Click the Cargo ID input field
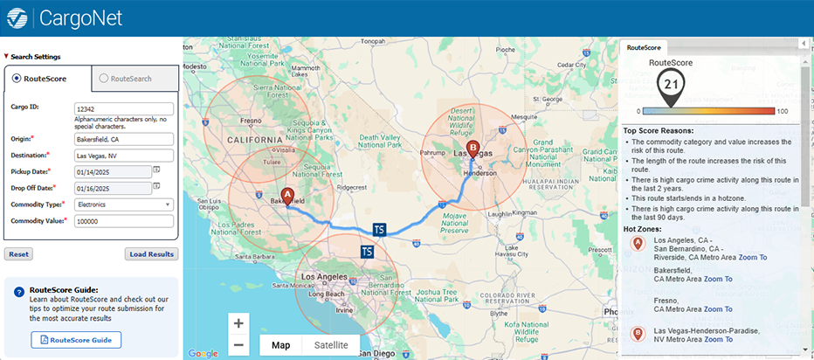pos(123,109)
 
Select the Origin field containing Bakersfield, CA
pos(123,139)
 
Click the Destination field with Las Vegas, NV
pos(123,156)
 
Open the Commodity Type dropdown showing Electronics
pos(123,204)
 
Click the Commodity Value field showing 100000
pos(123,222)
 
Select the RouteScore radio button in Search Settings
pos(17,79)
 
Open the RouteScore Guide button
pos(76,340)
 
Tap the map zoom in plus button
pos(238,322)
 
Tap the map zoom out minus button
pos(238,345)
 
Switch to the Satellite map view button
pos(330,345)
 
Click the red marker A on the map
pos(287,197)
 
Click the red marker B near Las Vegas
pos(473,149)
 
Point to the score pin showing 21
pos(671,85)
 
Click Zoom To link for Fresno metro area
pos(717,309)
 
